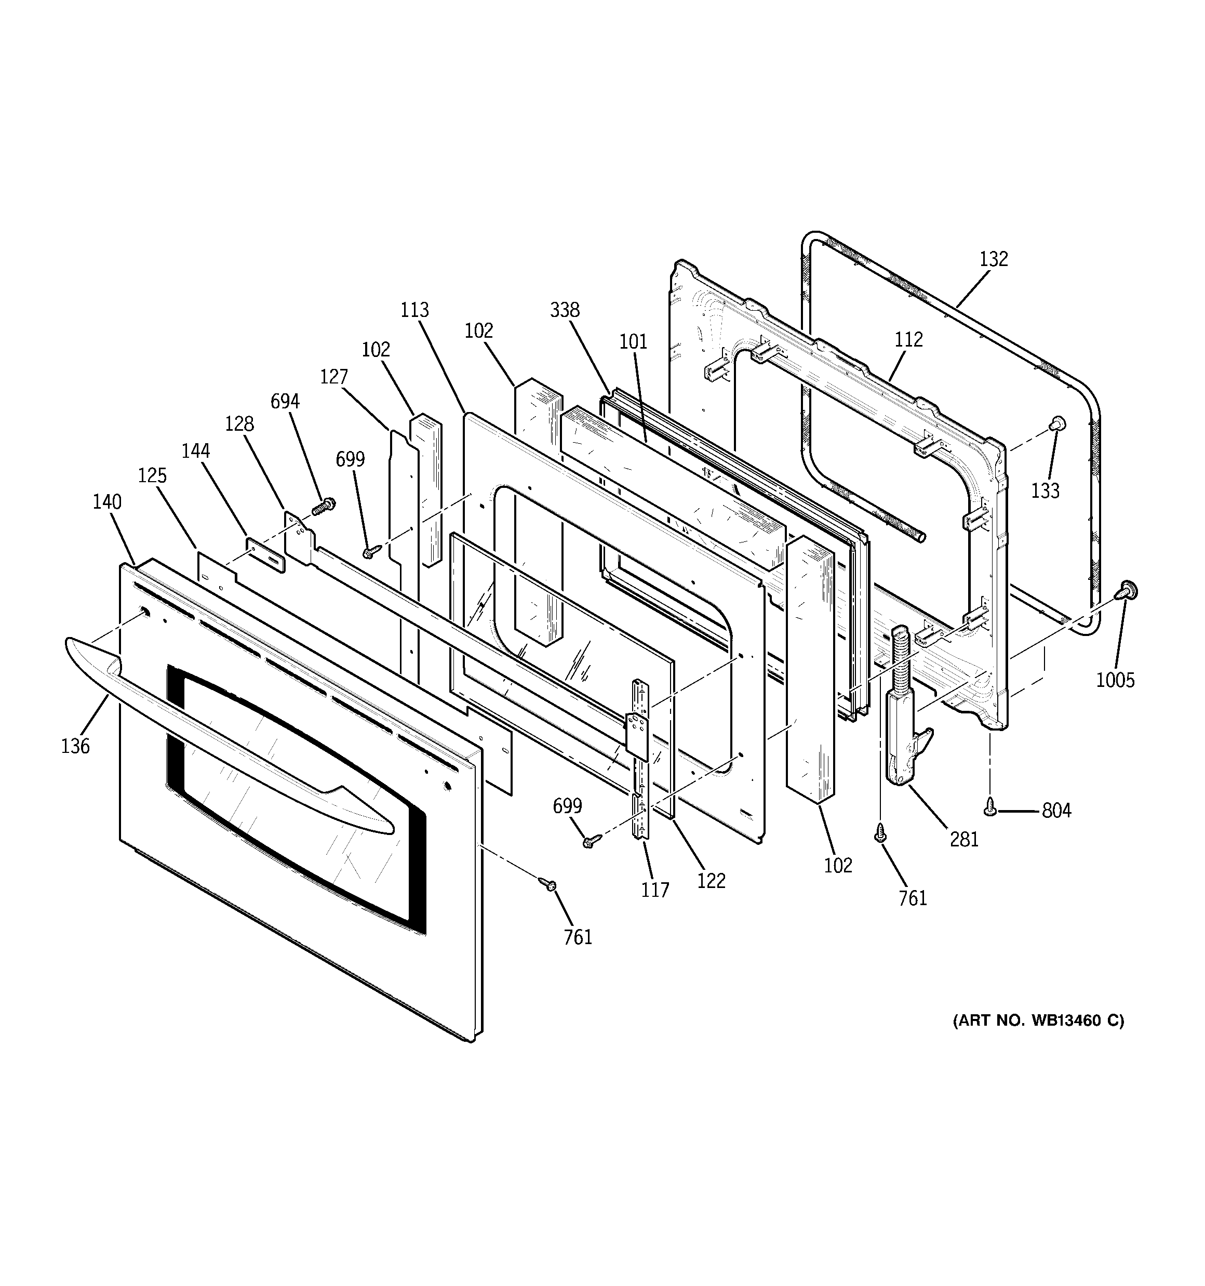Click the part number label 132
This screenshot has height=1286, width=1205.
(x=994, y=259)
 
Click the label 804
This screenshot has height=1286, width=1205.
(x=1056, y=811)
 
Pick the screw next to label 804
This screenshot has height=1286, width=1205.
(x=989, y=806)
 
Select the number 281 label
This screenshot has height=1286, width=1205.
(x=964, y=839)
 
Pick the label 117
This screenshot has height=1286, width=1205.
(x=654, y=890)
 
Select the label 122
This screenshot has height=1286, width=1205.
(x=711, y=880)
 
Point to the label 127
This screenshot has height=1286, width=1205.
(x=334, y=377)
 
